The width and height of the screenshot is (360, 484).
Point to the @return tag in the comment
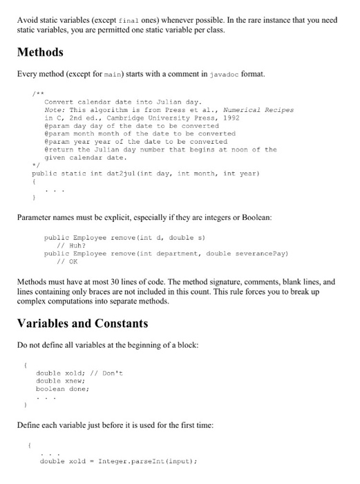click(58, 149)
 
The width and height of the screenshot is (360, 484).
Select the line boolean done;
click(61, 388)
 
